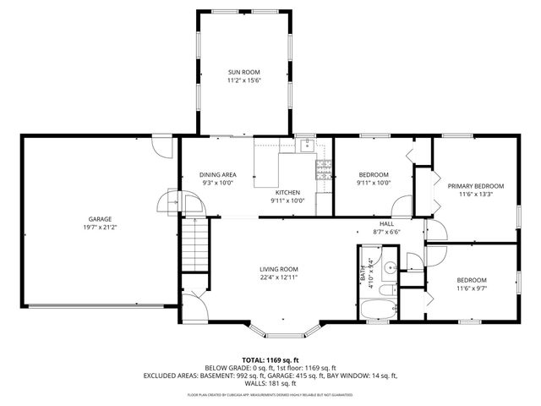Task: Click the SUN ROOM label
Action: coord(244,72)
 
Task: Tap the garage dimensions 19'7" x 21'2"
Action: coord(101,227)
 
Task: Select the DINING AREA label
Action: coord(217,174)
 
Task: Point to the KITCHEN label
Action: coord(287,192)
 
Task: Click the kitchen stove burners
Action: coord(324,170)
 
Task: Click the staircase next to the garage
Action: coord(194,244)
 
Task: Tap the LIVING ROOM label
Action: coord(278,269)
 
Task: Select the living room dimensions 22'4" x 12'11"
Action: coord(278,277)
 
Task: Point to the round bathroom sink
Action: coord(387,270)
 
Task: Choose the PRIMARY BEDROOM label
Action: coord(475,186)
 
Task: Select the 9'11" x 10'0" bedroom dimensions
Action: coord(373,183)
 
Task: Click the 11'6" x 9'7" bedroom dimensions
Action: coord(472,288)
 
